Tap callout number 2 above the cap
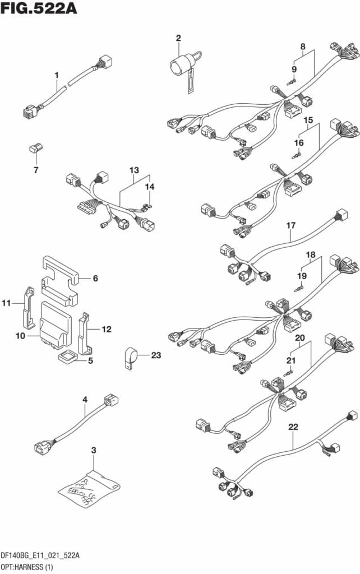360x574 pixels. tap(178, 39)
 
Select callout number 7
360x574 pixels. tap(36, 169)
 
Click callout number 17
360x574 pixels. tap(290, 225)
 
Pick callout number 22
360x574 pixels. tap(293, 427)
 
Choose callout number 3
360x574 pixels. tap(94, 450)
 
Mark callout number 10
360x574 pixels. tap(20, 336)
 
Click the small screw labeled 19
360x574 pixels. tap(299, 289)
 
